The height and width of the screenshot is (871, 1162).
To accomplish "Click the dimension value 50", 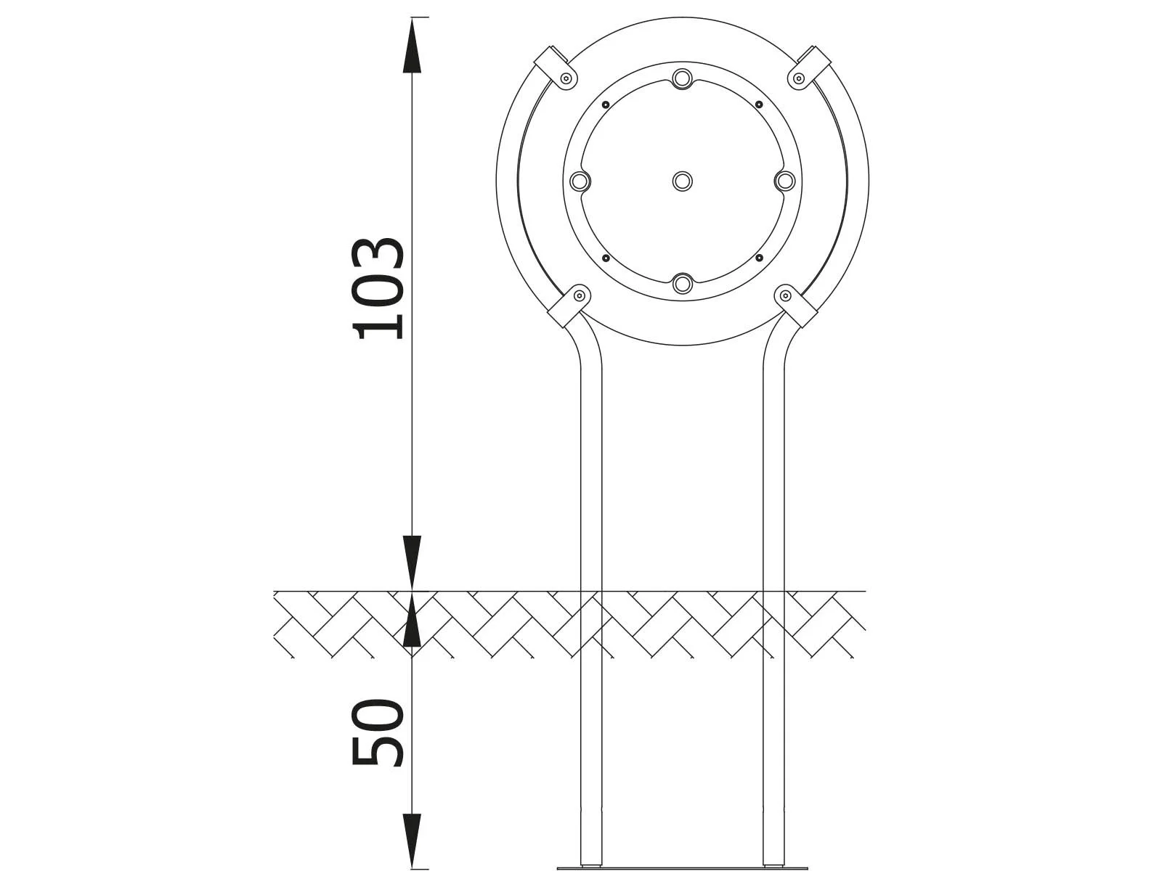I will (x=378, y=732).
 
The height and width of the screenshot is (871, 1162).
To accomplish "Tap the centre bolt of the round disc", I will (x=682, y=181).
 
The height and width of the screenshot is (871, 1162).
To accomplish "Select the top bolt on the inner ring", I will (x=682, y=78).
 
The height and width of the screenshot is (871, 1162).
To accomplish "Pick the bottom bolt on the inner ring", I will (x=682, y=284).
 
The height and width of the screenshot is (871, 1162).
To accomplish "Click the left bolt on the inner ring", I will (x=579, y=181).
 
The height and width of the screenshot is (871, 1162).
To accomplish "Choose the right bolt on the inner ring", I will (x=785, y=181).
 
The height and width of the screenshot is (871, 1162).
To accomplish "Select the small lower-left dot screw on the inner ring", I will (x=605, y=258).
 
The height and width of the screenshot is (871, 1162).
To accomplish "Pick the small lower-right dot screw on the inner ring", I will (x=759, y=258).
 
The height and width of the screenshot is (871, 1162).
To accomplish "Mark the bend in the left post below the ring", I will (x=587, y=348).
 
